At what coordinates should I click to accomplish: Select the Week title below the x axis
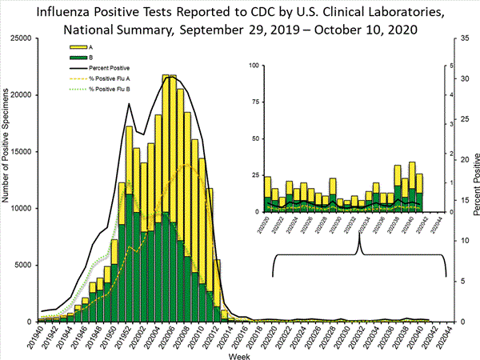(235, 354)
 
